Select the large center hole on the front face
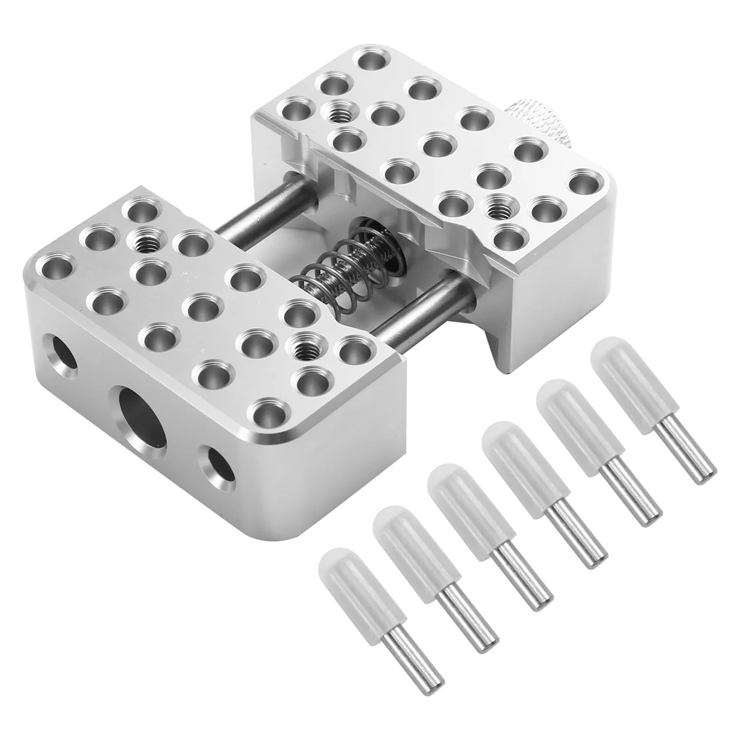pos(141,411)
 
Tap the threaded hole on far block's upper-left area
pos(337,113)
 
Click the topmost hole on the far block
pos(371,62)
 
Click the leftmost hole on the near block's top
pos(50,268)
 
